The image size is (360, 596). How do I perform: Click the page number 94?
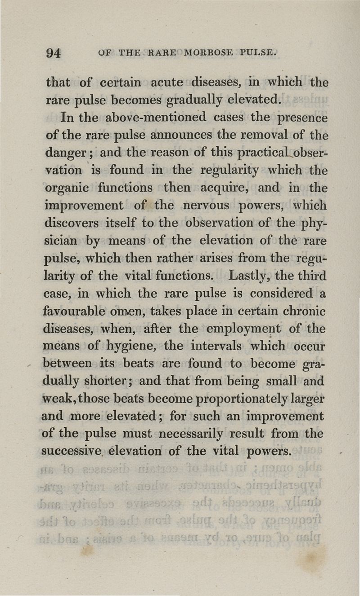pos(53,52)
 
